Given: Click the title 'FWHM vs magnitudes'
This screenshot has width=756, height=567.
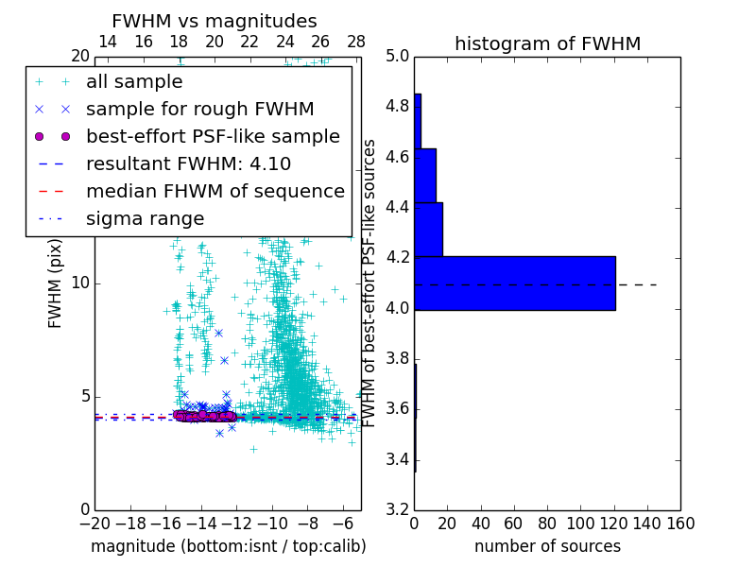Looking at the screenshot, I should pos(215,22).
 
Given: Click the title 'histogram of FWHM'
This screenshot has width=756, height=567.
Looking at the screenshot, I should pos(547,43).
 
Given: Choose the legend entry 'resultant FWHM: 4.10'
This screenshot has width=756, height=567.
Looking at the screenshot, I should pos(188,163).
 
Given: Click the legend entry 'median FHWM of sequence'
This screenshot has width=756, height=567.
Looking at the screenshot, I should pos(215,191).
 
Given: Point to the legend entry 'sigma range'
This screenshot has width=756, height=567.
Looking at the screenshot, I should pos(145,218).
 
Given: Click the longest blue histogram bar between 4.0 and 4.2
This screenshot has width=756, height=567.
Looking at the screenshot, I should pos(515,283).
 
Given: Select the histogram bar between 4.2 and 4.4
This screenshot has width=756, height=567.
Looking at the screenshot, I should pos(428,229).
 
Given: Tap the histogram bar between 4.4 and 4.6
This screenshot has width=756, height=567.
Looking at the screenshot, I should pos(424,175).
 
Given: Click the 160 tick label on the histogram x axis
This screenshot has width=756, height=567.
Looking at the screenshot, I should pos(680,522).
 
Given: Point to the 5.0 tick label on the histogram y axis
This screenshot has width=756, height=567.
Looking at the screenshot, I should pos(397,56).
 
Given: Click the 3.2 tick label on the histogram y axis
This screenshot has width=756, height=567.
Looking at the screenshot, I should pos(397,510).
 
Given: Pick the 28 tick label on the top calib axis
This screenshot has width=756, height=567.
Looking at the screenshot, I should pos(356,42).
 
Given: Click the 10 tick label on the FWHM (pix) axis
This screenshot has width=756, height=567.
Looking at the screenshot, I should pos(79,283).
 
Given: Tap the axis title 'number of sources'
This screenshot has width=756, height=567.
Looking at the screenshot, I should pos(547,546).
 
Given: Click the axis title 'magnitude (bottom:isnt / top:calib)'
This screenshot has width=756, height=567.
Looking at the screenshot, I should pos(228,546).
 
